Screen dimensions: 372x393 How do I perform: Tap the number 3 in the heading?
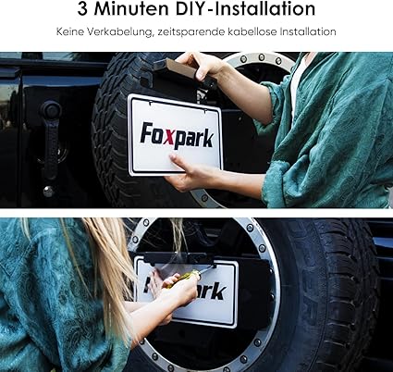[86, 10]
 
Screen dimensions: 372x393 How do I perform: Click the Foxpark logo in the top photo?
[176, 135]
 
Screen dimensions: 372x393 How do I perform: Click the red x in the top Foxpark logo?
[162, 136]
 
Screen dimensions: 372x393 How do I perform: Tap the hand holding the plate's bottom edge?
[190, 174]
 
